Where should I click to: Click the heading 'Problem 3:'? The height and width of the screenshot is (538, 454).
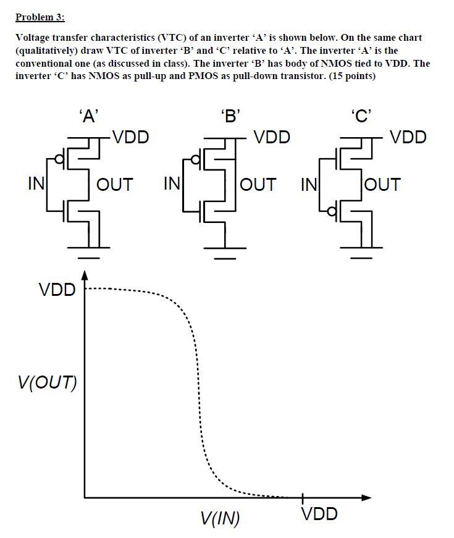pyautogui.click(x=40, y=17)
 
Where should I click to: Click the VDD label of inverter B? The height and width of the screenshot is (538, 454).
pyautogui.click(x=272, y=137)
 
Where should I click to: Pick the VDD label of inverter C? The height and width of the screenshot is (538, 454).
pyautogui.click(x=408, y=137)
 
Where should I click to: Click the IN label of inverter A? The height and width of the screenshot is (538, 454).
pyautogui.click(x=35, y=183)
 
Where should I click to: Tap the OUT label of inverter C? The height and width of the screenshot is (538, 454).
pyautogui.click(x=383, y=184)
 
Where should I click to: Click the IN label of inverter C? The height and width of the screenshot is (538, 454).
pyautogui.click(x=309, y=184)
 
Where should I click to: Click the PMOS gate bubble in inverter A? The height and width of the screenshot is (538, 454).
pyautogui.click(x=59, y=160)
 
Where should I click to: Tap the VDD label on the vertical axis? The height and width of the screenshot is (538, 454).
pyautogui.click(x=56, y=289)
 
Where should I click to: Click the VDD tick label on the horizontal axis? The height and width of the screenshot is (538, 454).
pyautogui.click(x=319, y=514)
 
